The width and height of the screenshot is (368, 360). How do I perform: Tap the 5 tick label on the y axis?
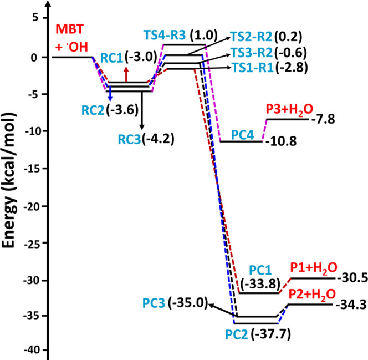(37, 18)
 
